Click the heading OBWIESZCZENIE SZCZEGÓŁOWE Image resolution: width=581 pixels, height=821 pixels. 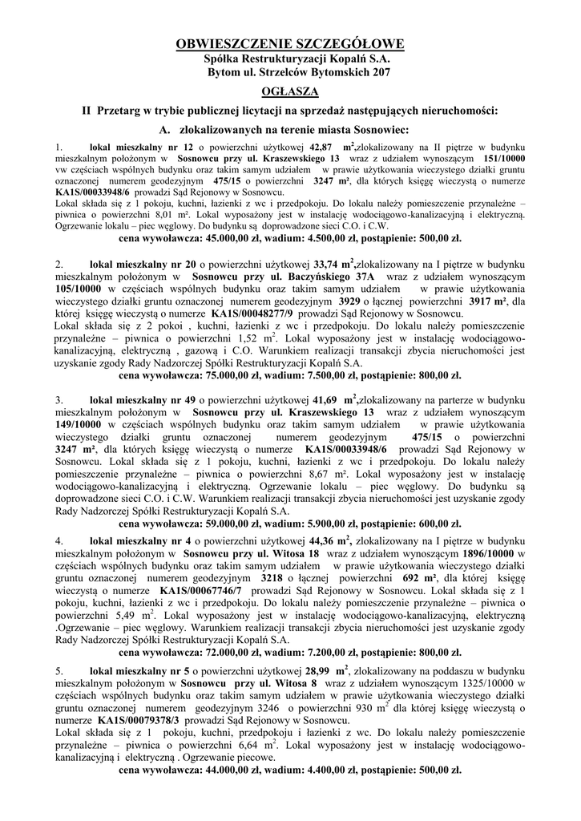pos(290,43)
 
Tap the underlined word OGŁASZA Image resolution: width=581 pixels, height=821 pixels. pos(290,92)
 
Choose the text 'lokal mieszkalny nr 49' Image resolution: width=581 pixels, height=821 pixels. pos(141,398)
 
